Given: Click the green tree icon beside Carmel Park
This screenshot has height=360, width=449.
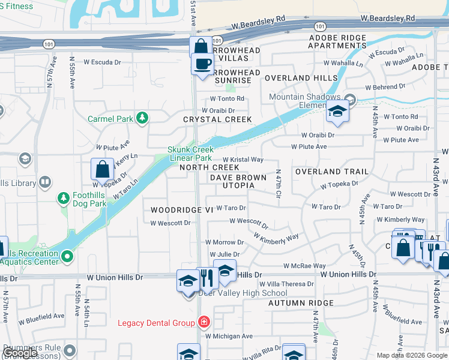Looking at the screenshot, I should [x=142, y=118].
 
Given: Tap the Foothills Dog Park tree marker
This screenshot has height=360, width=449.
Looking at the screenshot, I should [x=63, y=198].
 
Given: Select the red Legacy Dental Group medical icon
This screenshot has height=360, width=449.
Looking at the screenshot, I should [x=205, y=323].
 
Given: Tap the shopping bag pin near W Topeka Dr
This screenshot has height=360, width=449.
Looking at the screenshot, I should [x=102, y=169].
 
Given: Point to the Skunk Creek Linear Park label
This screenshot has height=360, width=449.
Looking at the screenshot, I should [x=190, y=154].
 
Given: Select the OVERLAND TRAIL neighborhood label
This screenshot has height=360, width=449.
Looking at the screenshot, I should [x=332, y=172].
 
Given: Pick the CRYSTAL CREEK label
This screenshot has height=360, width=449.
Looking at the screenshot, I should [x=217, y=119].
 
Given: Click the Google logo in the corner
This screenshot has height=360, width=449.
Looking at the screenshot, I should [x=20, y=353].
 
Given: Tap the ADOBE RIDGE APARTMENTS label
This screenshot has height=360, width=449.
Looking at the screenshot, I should [x=337, y=41].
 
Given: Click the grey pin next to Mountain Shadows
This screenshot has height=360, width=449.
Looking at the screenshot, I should [x=350, y=99].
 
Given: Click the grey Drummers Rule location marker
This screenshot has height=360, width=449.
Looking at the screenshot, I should [x=70, y=350].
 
